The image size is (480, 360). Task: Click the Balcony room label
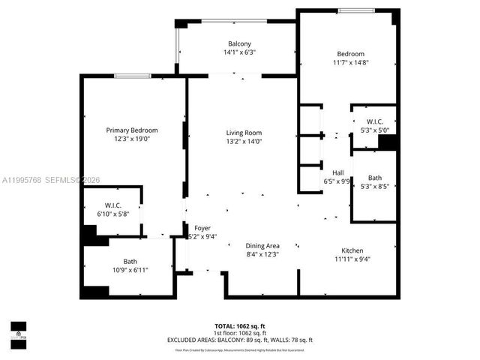(x=240, y=43)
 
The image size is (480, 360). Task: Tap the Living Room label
(x=244, y=133)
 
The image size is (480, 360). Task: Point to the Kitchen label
(x=352, y=250)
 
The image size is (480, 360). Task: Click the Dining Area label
(x=262, y=245)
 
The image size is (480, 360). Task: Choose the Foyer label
(x=202, y=228)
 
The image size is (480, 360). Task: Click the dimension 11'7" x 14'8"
(x=350, y=64)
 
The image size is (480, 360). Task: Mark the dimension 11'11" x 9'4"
(x=352, y=259)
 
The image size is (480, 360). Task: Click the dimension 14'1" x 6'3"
(x=240, y=52)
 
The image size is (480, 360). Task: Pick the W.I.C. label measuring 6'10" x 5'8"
(x=114, y=205)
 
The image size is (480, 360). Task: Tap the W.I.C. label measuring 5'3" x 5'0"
(x=374, y=121)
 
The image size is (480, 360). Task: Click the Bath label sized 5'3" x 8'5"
(x=374, y=178)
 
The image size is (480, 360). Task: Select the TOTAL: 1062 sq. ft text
(x=240, y=325)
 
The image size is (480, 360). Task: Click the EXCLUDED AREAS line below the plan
(x=240, y=340)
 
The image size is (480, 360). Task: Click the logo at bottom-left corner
(x=18, y=331)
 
